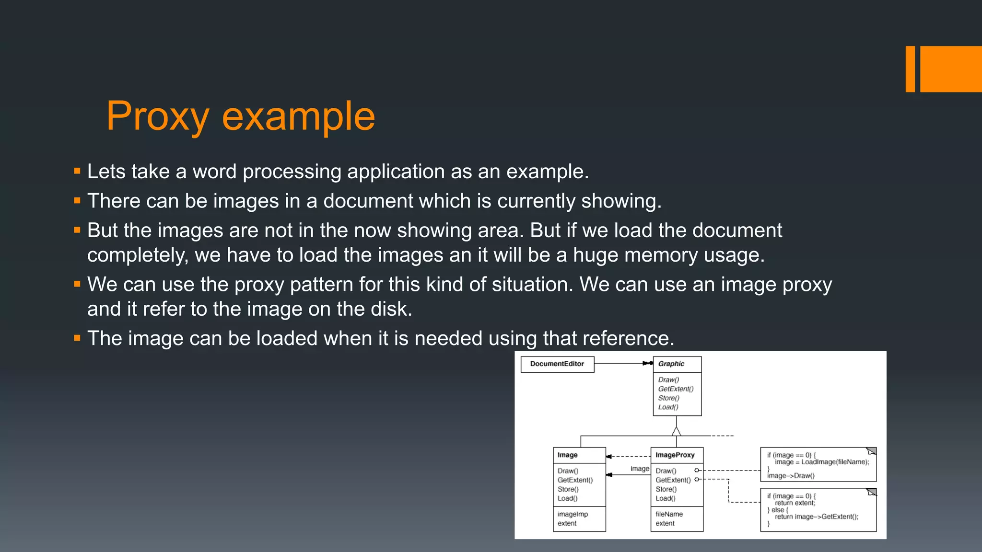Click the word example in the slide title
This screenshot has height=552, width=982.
298,116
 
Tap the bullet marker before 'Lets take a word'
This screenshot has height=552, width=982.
77,171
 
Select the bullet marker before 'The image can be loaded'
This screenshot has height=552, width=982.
77,338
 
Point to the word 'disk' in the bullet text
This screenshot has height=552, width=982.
389,309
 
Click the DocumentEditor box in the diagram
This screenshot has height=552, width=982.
557,364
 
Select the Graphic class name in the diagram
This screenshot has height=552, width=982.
671,364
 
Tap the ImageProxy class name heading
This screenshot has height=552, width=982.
675,455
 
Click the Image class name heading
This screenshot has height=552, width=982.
568,455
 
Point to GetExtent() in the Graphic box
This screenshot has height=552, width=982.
676,389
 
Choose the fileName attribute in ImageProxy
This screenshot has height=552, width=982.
669,514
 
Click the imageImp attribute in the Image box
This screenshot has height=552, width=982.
573,514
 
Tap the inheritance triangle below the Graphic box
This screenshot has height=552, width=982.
677,431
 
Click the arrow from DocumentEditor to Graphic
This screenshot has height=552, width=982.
623,363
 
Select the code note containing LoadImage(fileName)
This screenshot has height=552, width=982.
818,464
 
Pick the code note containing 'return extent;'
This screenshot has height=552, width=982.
818,509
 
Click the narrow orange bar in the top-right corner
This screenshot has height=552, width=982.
910,69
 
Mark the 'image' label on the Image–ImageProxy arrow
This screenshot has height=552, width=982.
640,468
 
